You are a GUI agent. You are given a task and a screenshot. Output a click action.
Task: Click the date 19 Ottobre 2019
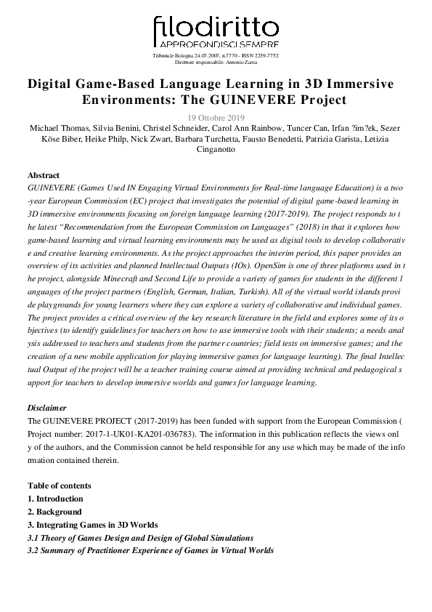pyautogui.click(x=216, y=116)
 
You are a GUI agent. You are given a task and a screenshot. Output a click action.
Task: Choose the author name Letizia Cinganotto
pyautogui.click(x=216, y=150)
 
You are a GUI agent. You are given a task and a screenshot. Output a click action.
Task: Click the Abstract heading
pyautogui.click(x=44, y=176)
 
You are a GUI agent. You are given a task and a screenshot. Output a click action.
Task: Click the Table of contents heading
pyautogui.click(x=60, y=486)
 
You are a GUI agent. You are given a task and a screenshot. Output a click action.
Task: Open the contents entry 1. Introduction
pyautogui.click(x=55, y=499)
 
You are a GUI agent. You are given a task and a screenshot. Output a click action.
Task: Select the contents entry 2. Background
pyautogui.click(x=54, y=512)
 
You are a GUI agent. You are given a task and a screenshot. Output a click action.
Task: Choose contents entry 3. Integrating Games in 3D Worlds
pyautogui.click(x=92, y=525)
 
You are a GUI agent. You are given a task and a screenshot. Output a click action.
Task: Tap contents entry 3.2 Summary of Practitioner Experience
pyautogui.click(x=150, y=551)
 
